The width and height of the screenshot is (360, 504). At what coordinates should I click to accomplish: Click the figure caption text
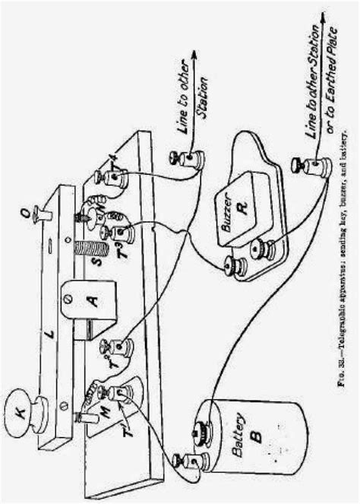348,251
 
